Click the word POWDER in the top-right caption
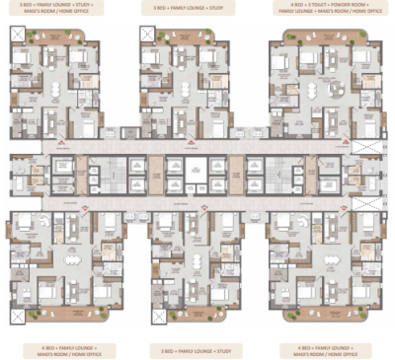[334, 7]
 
